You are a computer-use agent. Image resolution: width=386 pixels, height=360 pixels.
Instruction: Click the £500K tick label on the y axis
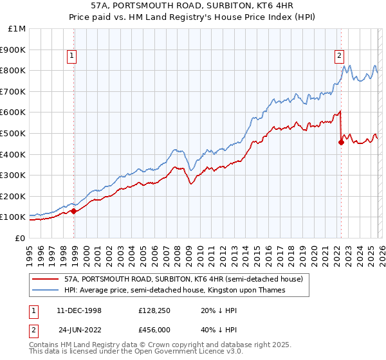click(x=13, y=133)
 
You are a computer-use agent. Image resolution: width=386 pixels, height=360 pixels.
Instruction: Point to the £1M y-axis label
click(x=17, y=29)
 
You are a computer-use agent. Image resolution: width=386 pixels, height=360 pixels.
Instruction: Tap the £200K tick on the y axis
click(x=13, y=196)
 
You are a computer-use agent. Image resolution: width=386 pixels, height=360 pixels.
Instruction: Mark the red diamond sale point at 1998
click(x=74, y=211)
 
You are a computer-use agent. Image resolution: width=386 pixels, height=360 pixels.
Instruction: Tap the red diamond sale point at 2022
click(x=341, y=143)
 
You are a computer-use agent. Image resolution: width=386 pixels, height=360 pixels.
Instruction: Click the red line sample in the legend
click(x=46, y=279)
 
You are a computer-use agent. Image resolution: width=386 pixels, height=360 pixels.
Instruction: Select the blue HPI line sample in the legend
click(x=46, y=290)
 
